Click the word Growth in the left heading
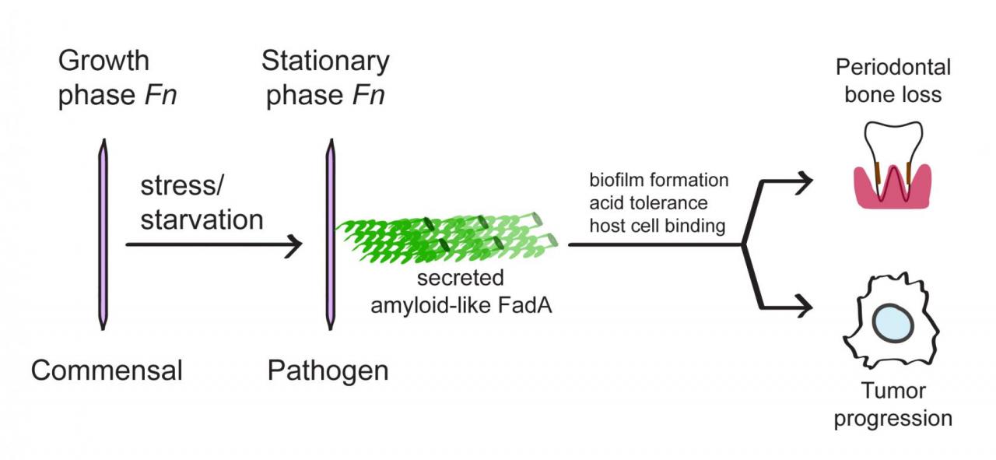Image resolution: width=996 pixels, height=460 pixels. pyautogui.click(x=103, y=61)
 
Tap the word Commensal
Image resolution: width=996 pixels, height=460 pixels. pyautogui.click(x=107, y=370)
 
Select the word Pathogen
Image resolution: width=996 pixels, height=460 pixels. pyautogui.click(x=328, y=370)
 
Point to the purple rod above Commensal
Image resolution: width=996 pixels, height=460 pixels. pyautogui.click(x=102, y=233)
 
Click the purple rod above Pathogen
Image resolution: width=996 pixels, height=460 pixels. pyautogui.click(x=329, y=233)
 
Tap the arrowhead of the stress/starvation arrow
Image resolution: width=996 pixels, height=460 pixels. pyautogui.click(x=293, y=245)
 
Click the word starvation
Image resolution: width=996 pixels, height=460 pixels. pyautogui.click(x=202, y=219)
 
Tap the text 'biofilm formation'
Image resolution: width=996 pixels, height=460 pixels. pyautogui.click(x=658, y=181)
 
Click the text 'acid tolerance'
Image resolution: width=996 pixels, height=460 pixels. pyautogui.click(x=648, y=203)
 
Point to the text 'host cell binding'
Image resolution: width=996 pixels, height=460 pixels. pyautogui.click(x=658, y=226)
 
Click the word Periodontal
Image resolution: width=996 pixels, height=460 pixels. pyautogui.click(x=893, y=68)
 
